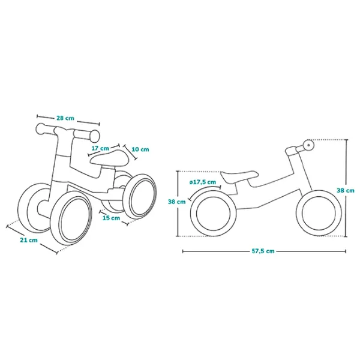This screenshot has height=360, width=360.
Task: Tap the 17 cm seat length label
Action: pyautogui.click(x=100, y=148)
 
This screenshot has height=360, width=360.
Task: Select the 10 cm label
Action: pyautogui.click(x=140, y=149)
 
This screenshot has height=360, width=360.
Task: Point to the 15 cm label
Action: pyautogui.click(x=110, y=218)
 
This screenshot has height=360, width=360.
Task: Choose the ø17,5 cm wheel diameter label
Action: pyautogui.click(x=202, y=182)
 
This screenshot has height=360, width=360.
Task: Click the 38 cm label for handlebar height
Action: pyautogui.click(x=345, y=190)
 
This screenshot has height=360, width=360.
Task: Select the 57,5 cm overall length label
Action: pyautogui.click(x=262, y=251)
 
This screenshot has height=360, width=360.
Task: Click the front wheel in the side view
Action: pyautogui.click(x=316, y=216)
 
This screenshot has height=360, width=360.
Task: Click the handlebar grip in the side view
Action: pyautogui.click(x=307, y=146)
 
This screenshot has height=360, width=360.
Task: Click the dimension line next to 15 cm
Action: pyautogui.click(x=114, y=223)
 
